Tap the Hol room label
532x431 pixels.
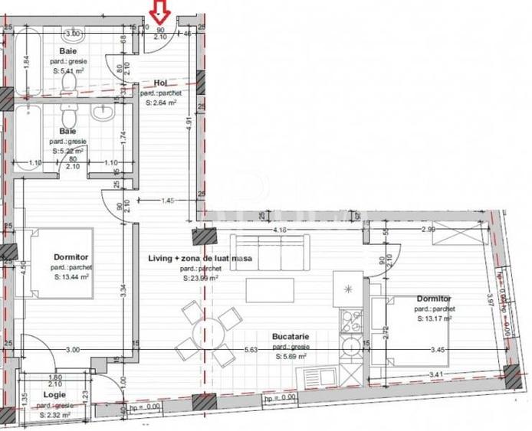(x=160, y=83)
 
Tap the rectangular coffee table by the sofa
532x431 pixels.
(x=270, y=289)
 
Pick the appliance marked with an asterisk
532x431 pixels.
(x=348, y=289)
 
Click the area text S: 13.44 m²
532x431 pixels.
(x=73, y=279)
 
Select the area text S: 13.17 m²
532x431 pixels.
(x=434, y=318)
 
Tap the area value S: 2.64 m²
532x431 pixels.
(x=159, y=102)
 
